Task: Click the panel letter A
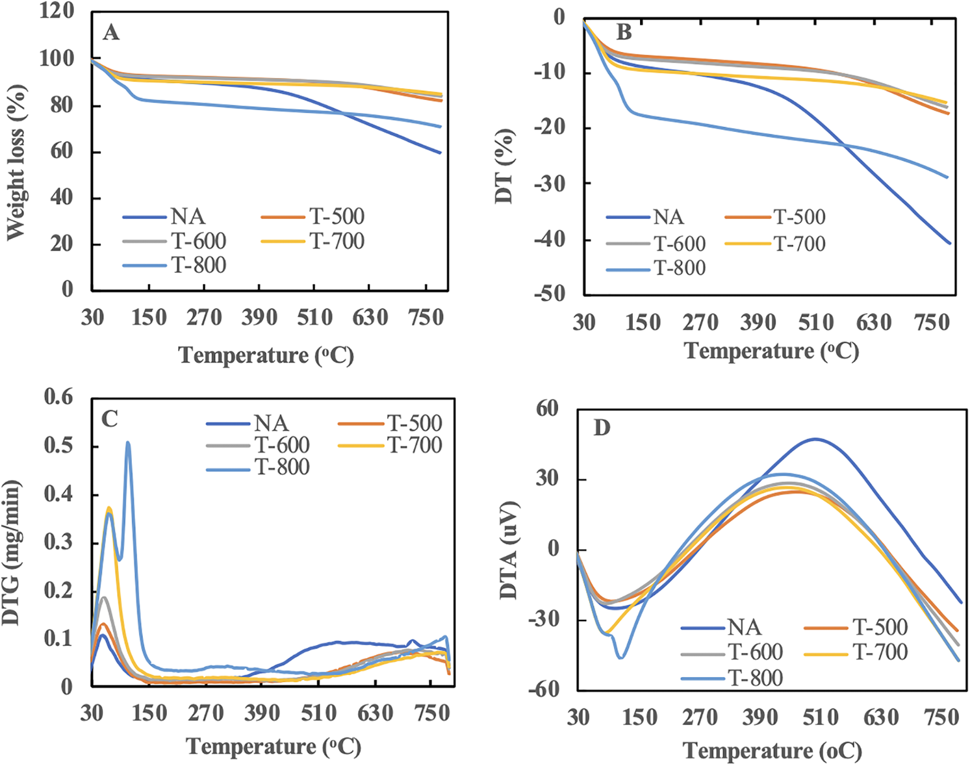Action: (111, 32)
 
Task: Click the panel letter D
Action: (602, 428)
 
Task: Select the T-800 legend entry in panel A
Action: (198, 265)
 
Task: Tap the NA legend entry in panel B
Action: (669, 217)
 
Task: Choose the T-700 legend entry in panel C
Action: (415, 445)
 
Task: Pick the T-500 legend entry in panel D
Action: (880, 627)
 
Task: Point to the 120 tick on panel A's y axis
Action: (57, 11)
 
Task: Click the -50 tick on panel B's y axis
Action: (550, 294)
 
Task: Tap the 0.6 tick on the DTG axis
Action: (58, 396)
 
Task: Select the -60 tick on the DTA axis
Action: (543, 689)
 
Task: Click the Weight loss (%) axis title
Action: (16, 162)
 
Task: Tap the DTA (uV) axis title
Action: (510, 550)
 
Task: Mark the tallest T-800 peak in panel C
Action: (128, 443)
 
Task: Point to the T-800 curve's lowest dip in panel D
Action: (621, 657)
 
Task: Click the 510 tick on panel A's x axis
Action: (315, 318)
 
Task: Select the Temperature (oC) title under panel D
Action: (772, 751)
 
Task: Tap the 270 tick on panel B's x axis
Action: (700, 322)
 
